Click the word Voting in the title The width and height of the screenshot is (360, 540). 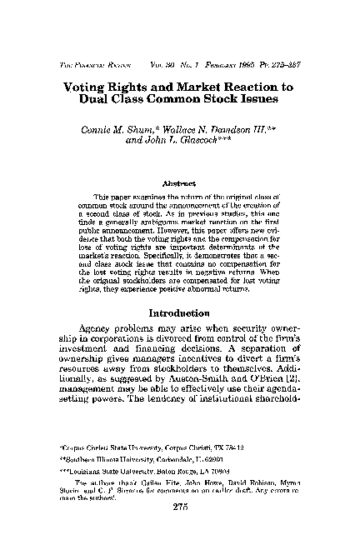pos(85,86)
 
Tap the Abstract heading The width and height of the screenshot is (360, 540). pos(180,182)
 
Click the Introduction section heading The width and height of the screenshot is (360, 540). pos(180,313)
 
